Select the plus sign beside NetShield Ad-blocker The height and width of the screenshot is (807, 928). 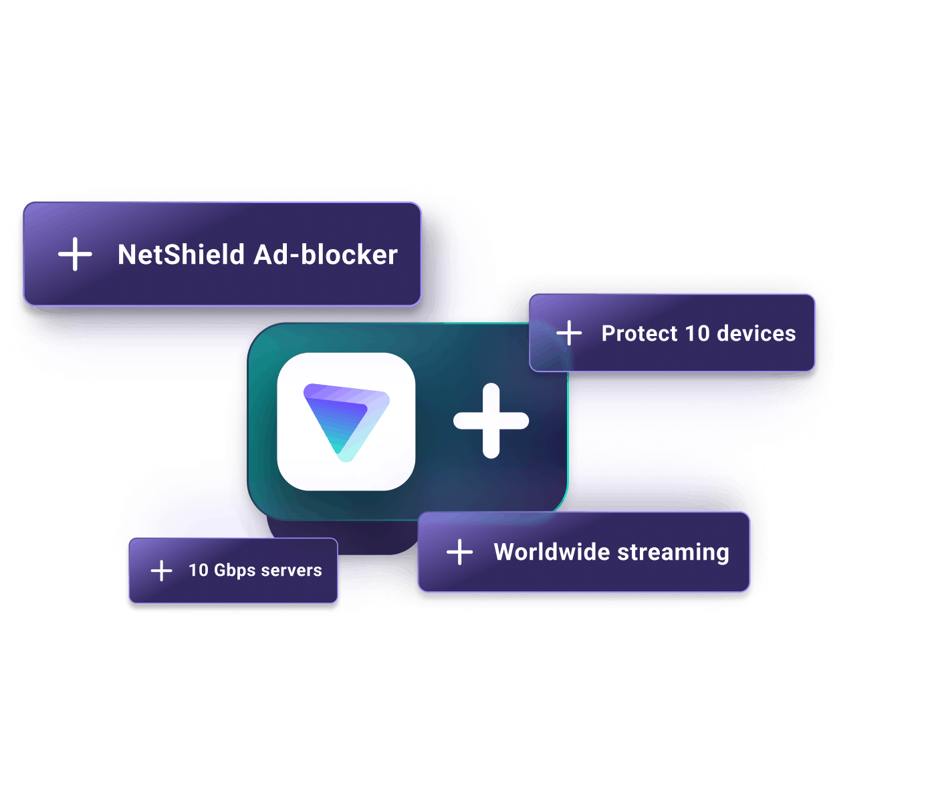75,255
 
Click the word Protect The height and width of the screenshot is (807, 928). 639,333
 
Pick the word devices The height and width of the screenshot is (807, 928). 756,333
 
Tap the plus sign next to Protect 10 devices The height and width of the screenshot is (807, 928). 569,333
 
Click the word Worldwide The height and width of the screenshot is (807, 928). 551,552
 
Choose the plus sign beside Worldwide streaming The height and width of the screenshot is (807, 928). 459,552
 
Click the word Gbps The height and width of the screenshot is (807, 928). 235,571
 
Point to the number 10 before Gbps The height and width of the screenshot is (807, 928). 199,571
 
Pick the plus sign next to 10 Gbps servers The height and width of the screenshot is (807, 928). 161,571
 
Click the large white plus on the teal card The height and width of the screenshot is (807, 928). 491,421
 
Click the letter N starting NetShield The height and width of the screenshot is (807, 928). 127,255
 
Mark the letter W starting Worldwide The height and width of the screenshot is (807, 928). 506,552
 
